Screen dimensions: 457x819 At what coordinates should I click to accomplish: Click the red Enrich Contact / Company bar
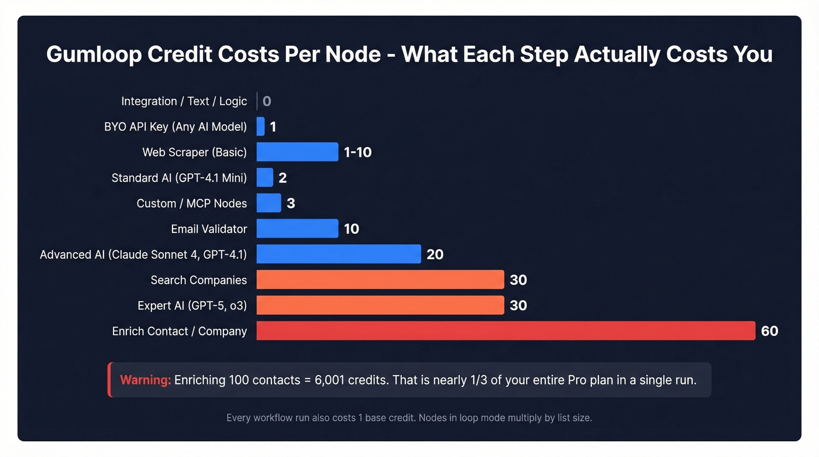point(506,331)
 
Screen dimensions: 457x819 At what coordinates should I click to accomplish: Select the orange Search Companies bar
point(380,280)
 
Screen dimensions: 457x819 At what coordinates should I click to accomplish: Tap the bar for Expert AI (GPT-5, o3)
point(380,305)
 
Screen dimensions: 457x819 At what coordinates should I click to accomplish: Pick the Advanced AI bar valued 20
point(339,254)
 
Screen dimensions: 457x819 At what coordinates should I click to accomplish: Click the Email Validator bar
point(297,229)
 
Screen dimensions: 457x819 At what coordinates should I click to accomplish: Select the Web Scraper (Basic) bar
point(297,152)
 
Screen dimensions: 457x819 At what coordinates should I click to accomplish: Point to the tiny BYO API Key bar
point(260,126)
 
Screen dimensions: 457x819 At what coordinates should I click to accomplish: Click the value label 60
point(769,331)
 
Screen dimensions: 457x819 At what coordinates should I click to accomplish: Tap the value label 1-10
point(357,152)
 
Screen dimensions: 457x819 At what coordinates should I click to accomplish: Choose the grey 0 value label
point(267,101)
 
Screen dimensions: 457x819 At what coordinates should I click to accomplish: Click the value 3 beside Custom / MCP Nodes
point(291,203)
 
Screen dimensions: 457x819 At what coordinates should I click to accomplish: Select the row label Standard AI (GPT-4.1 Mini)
point(179,178)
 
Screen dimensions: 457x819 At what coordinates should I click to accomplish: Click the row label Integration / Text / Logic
point(184,101)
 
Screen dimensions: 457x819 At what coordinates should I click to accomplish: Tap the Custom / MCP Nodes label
point(191,203)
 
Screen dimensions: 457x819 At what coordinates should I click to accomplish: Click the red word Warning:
point(145,380)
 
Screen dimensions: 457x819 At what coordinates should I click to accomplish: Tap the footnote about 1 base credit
point(409,418)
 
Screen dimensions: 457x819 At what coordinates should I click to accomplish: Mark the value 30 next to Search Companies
point(518,280)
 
